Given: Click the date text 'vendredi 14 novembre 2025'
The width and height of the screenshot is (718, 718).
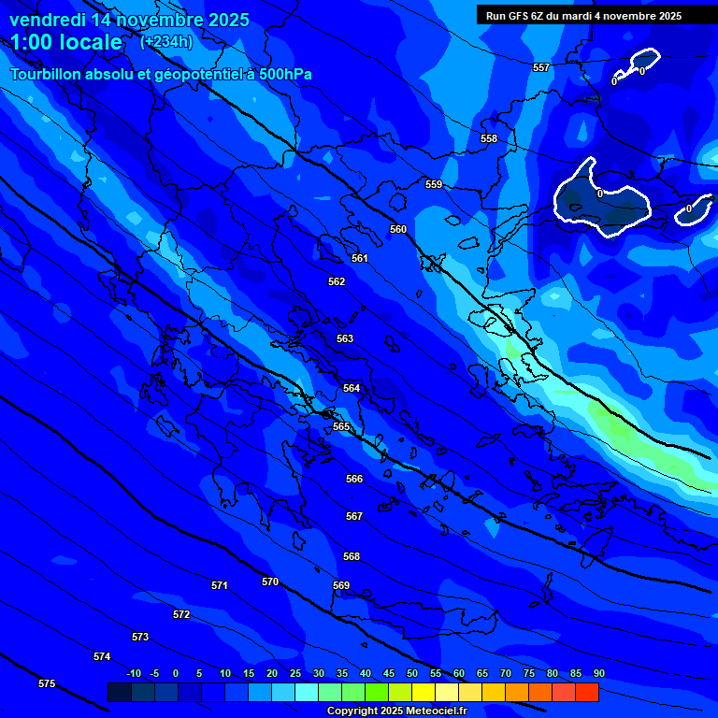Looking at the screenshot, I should point(129,20).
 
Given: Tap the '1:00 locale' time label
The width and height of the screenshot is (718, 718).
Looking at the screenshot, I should point(66,42).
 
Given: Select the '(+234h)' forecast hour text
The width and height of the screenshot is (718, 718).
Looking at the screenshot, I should point(166,42).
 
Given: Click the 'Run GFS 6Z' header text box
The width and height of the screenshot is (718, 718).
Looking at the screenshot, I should point(583,16).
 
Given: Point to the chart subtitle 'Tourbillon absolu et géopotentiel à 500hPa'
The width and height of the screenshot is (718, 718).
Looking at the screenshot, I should point(161,74).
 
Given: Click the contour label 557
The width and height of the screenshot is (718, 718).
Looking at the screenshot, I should point(541,68).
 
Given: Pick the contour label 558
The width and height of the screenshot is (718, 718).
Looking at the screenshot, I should point(489,139).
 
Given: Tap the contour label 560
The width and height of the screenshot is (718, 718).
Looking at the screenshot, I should point(398,230).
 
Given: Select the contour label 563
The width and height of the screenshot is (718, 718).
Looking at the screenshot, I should point(345,339).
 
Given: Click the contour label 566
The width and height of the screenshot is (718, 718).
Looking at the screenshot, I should point(354,480).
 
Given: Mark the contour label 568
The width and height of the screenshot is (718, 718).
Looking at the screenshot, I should point(352,557).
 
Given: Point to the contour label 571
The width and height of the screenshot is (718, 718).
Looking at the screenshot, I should point(220,586).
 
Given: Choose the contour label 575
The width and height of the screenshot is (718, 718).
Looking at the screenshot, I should point(47,684).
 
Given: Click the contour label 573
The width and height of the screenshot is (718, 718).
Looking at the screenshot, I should point(140,638).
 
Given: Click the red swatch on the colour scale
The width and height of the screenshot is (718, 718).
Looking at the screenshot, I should point(586,693).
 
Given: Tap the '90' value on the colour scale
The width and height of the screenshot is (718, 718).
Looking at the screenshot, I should point(598,674).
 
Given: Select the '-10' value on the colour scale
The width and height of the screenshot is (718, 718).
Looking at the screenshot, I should point(134,674).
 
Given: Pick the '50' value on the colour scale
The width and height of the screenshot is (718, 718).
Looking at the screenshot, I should point(412,674).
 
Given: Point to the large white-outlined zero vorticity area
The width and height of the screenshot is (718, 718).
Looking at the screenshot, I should point(601,200).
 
